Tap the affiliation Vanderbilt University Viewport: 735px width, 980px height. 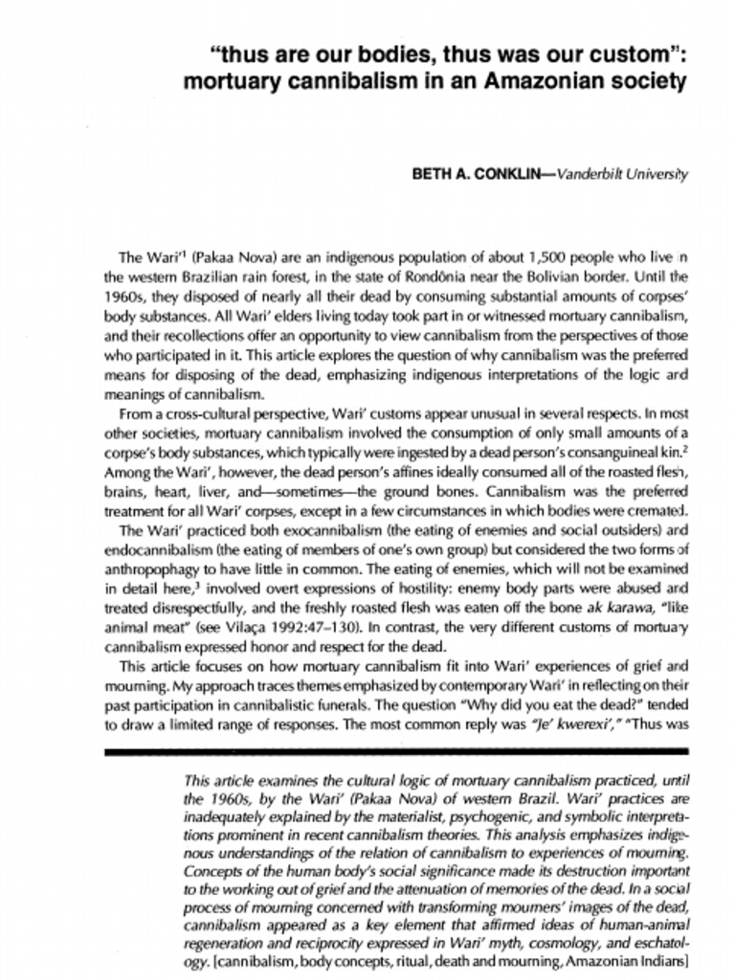coord(621,174)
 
